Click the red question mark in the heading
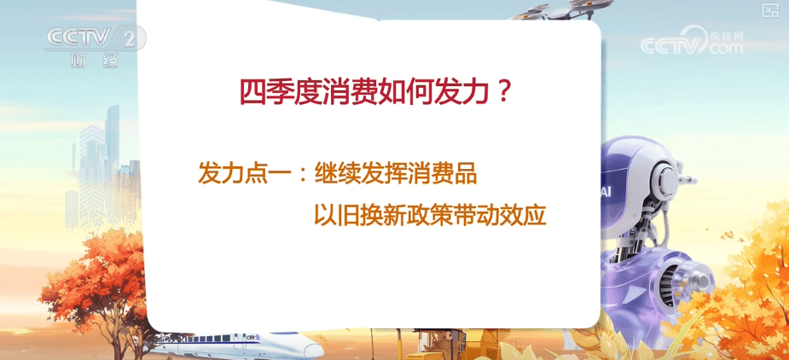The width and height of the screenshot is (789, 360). click(504, 91)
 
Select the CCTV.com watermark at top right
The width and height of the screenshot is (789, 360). click(692, 43)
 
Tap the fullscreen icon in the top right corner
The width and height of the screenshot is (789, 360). click(770, 10)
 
